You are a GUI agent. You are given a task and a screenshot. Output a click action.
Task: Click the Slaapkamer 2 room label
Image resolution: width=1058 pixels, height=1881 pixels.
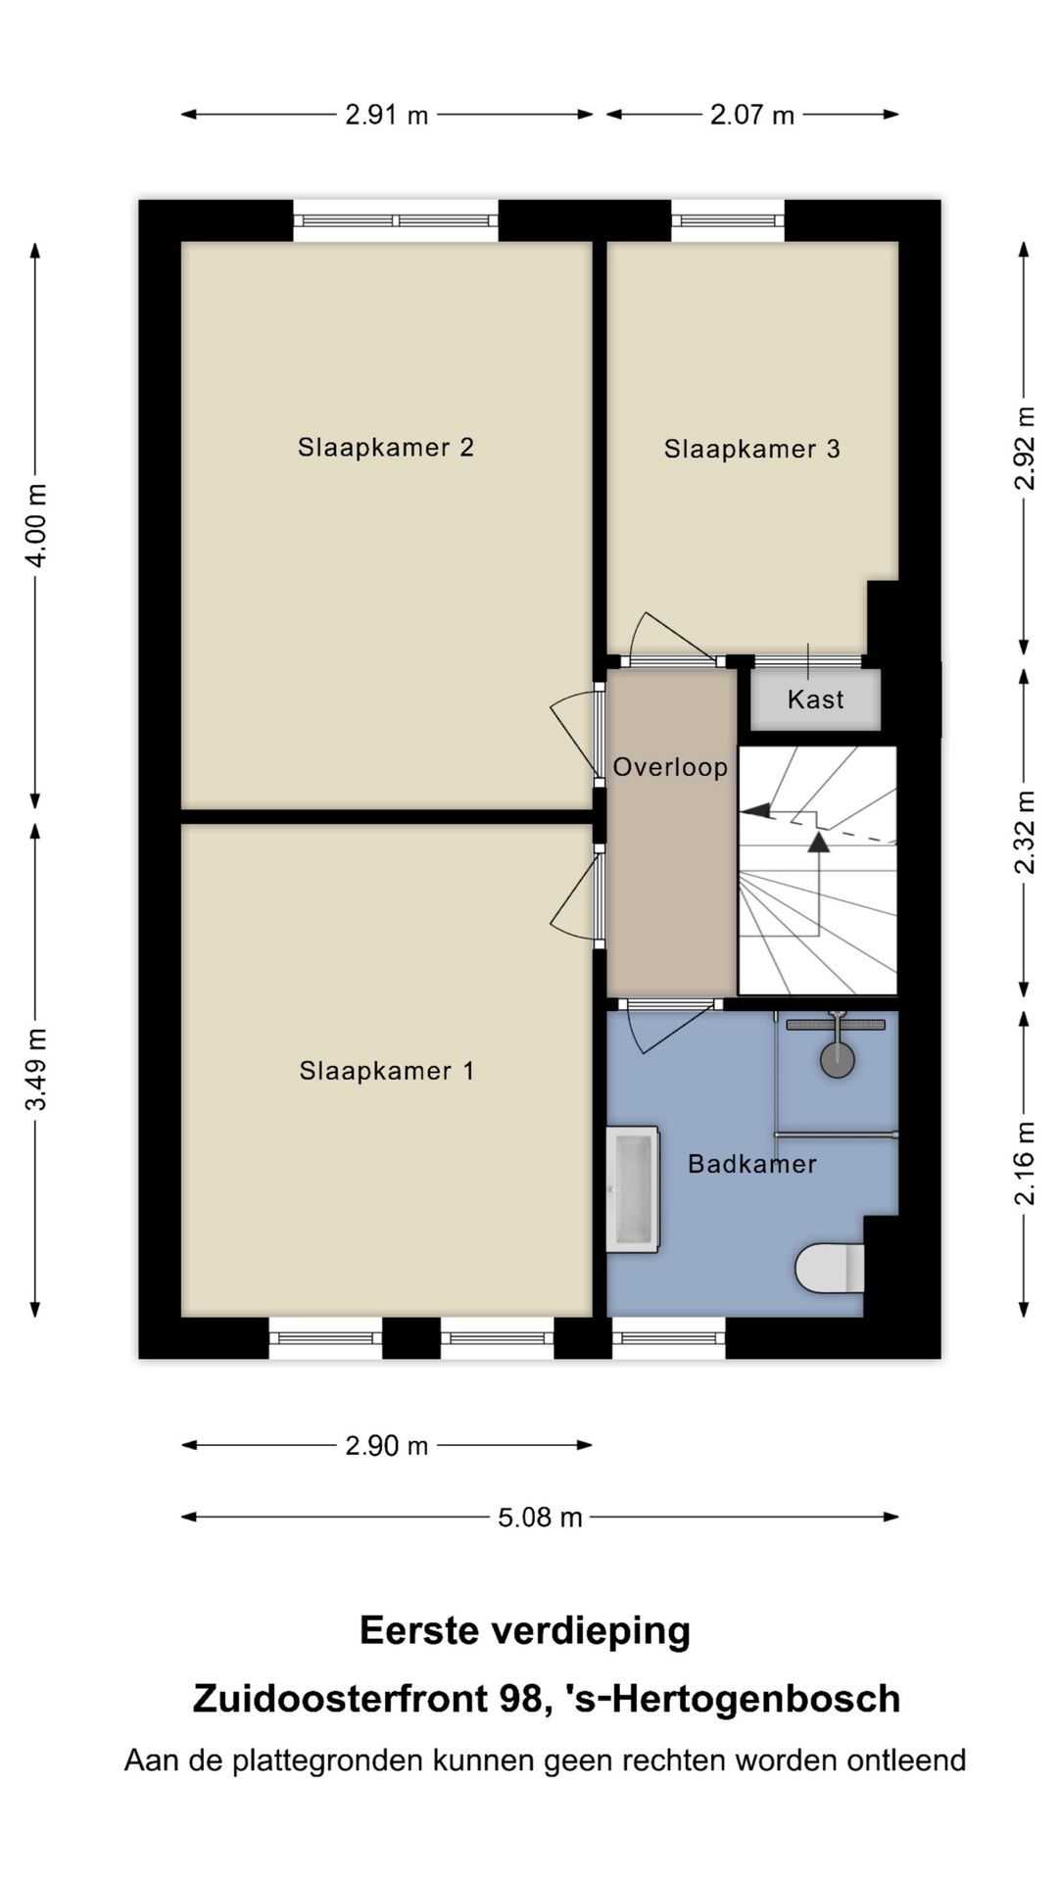point(386,448)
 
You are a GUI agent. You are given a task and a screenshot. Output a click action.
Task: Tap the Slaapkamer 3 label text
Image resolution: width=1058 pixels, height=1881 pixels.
point(751,450)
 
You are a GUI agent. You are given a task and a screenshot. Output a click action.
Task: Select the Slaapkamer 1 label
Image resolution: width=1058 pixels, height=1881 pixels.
point(387,1071)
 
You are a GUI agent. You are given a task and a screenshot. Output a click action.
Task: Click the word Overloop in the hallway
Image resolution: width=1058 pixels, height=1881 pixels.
point(670,767)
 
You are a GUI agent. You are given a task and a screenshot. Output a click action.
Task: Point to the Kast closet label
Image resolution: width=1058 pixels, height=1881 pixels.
point(815,699)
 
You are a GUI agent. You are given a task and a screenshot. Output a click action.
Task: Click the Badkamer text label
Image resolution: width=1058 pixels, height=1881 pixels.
point(751,1164)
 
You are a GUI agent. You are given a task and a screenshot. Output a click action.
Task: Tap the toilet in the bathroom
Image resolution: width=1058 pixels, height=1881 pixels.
point(829,1268)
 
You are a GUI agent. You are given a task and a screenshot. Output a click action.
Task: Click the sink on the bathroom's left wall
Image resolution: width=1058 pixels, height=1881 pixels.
point(632,1189)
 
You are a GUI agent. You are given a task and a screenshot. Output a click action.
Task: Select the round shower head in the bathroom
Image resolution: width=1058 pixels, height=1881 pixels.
point(837,1060)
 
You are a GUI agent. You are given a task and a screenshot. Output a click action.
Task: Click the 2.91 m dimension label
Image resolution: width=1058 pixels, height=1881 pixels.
point(386,116)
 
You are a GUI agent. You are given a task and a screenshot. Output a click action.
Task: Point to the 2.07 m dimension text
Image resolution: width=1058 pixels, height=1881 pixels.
point(751,116)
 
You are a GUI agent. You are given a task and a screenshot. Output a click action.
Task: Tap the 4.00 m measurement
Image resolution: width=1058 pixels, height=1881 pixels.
point(36,524)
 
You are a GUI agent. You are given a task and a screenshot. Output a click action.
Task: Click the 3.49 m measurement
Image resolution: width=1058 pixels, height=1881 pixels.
point(36,1069)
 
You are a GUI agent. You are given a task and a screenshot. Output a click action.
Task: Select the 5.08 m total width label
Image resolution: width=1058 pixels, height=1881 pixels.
point(540,1518)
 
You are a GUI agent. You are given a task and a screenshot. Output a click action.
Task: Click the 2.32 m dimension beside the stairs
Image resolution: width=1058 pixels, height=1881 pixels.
point(1025,832)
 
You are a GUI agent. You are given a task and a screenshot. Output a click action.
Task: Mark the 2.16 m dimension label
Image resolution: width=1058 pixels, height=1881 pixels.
point(1025,1163)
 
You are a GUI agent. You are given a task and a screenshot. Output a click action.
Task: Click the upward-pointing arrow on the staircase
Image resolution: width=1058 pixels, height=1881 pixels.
point(818,843)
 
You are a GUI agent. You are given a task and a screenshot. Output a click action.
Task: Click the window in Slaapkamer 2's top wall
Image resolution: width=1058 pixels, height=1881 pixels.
point(396,220)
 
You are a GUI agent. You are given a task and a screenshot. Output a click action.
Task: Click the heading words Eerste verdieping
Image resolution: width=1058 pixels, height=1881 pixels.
point(525,1631)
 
